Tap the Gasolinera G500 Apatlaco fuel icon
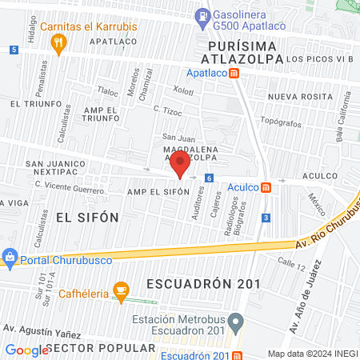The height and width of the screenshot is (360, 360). [x=204, y=15]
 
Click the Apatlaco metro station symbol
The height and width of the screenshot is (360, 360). [x=234, y=73]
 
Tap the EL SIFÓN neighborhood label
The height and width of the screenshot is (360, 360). [x=87, y=217]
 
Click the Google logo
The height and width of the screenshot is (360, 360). [x=27, y=350]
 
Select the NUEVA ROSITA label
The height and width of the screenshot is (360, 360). [x=299, y=96]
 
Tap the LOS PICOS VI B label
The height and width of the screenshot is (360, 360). [x=319, y=59]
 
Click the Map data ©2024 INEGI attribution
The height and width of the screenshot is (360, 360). [x=312, y=354]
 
